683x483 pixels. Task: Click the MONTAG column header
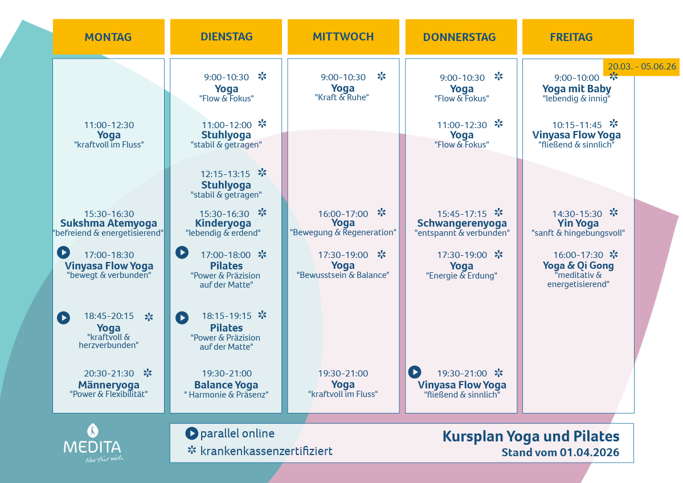tap(108, 37)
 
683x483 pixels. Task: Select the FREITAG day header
tap(571, 37)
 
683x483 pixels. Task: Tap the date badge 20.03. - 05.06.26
tap(641, 66)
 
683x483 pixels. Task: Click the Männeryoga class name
tap(109, 385)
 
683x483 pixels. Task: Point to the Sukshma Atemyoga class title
tap(109, 223)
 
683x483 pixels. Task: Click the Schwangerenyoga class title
tap(462, 223)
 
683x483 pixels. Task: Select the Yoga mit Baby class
tap(576, 89)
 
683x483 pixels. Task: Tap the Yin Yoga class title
tap(578, 223)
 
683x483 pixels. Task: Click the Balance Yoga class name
tap(226, 385)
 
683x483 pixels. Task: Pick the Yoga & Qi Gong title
tap(578, 265)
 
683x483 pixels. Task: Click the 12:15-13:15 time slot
tap(225, 174)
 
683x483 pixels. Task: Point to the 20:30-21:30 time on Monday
tap(109, 374)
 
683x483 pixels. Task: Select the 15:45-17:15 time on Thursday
tap(462, 214)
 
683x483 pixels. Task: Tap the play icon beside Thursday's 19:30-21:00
tap(415, 372)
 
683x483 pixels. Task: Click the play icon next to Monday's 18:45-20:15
tap(63, 317)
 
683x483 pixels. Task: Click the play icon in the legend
tap(191, 433)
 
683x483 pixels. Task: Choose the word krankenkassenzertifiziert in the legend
tap(266, 451)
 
